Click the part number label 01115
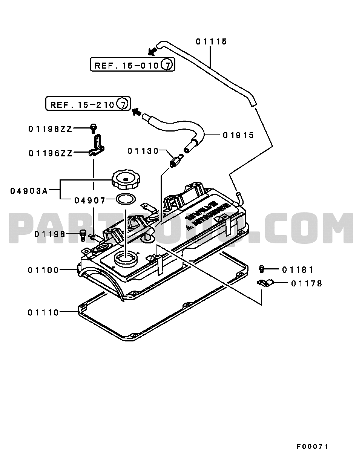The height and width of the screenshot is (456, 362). (x=211, y=41)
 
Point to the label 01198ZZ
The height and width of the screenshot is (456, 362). (x=50, y=129)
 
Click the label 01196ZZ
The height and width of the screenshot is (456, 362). (x=50, y=153)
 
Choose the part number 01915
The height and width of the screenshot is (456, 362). (x=238, y=135)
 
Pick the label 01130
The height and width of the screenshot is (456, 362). (x=143, y=151)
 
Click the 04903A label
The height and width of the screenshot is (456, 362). (x=29, y=191)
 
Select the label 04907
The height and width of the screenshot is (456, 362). (x=90, y=200)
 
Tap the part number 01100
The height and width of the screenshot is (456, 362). (x=43, y=270)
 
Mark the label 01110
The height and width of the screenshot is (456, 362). (x=43, y=312)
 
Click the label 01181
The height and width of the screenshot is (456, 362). (x=298, y=269)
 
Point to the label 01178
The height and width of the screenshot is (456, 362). (x=307, y=283)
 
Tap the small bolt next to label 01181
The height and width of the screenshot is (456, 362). (x=262, y=269)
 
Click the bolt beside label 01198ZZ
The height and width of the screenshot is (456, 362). (x=93, y=129)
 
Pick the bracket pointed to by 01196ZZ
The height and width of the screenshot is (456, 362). (x=97, y=147)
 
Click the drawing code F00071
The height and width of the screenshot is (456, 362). (x=312, y=447)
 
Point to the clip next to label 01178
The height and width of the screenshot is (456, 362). (x=265, y=283)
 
